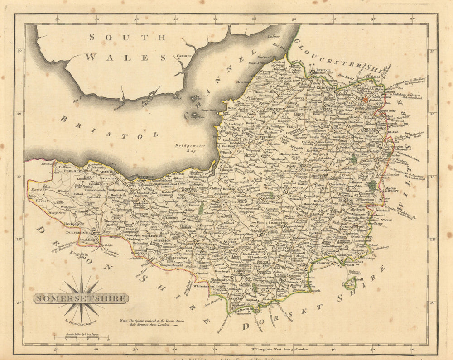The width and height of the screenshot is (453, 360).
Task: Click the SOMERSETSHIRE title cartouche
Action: point(81,298)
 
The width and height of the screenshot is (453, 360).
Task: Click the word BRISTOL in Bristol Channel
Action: point(109,127)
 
